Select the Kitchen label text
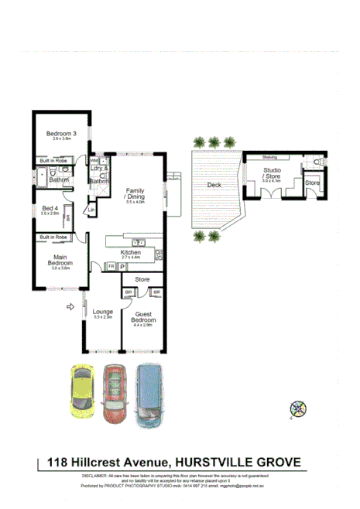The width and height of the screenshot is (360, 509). tap(129, 252)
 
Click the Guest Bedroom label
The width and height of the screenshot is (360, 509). tap(143, 317)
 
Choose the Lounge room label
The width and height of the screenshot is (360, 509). tap(103, 312)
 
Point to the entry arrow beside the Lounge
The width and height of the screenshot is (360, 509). tap(73, 307)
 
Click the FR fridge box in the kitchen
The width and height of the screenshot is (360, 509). tap(111, 266)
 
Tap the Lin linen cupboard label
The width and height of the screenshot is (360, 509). tap(91, 210)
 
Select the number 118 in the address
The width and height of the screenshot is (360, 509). tap(57, 463)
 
